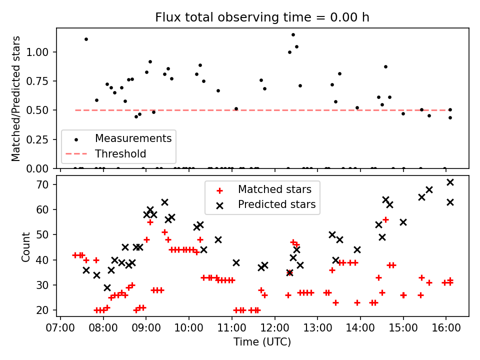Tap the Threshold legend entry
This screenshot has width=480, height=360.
tap(120, 153)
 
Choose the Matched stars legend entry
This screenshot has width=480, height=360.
tap(274, 189)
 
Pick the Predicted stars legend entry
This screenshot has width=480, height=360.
tap(276, 204)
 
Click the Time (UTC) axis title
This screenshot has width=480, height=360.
tap(262, 342)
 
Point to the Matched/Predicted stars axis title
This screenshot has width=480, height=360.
tap(16, 98)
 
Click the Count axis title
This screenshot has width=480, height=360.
tap(26, 246)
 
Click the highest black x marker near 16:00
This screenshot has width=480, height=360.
tap(450, 182)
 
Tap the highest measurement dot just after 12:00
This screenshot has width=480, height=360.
tap(293, 35)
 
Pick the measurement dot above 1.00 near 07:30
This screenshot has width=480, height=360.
tap(86, 39)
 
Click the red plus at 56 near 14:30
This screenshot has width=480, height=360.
tap(385, 219)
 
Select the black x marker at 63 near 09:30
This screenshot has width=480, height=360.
tap(164, 202)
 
